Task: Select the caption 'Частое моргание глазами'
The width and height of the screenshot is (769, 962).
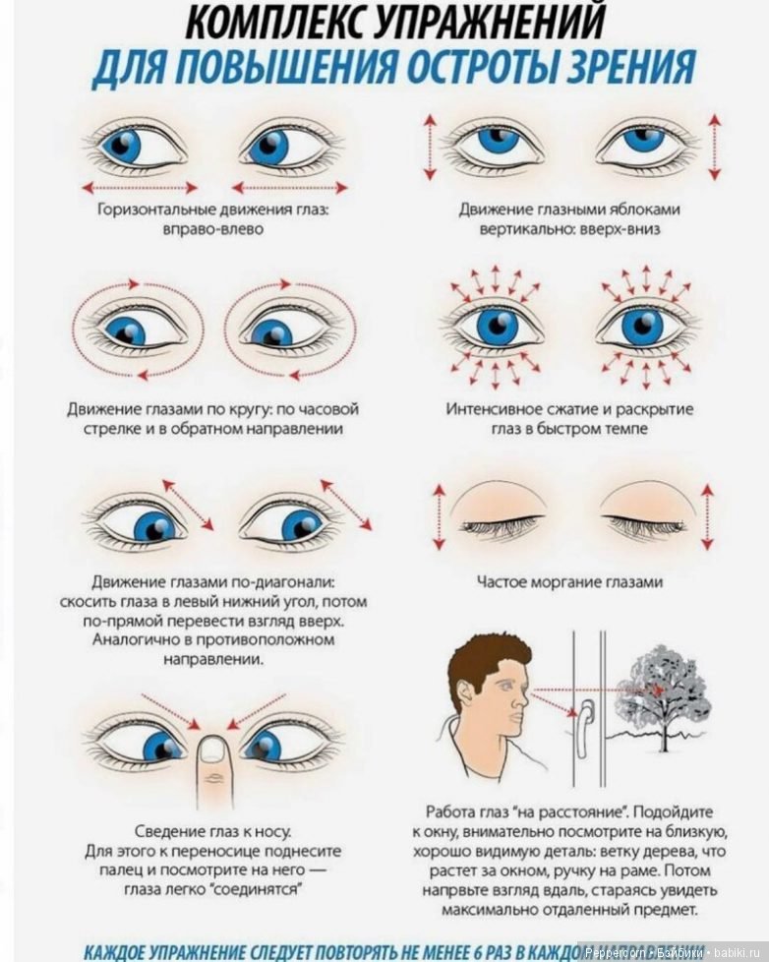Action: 569,582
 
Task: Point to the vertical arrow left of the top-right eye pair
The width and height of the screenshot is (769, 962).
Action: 430,148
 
